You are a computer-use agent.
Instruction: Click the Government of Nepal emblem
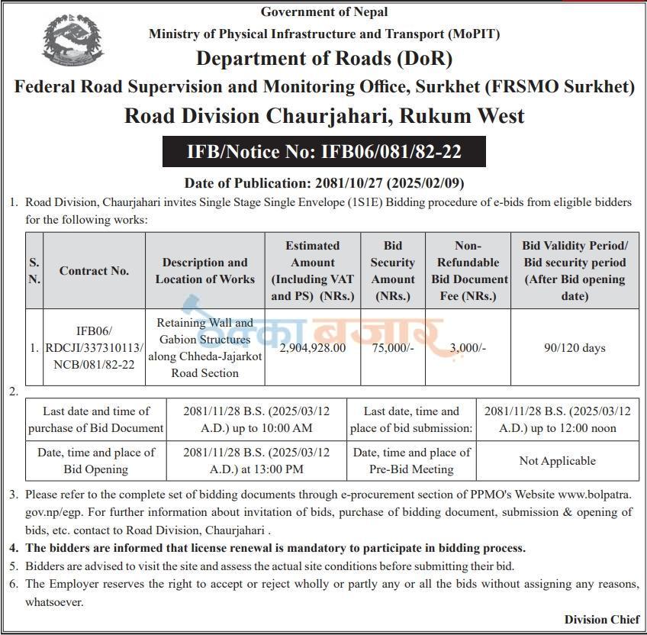click(x=72, y=43)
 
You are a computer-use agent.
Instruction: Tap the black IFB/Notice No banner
click(x=323, y=152)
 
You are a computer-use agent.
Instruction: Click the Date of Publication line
click(x=323, y=183)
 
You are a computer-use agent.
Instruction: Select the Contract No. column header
click(x=94, y=270)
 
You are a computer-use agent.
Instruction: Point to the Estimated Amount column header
click(x=312, y=270)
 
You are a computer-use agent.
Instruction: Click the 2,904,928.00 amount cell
click(x=312, y=347)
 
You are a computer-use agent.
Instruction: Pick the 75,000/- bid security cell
click(x=393, y=347)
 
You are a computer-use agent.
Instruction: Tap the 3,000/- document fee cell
click(x=468, y=347)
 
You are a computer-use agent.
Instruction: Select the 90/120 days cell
click(x=574, y=347)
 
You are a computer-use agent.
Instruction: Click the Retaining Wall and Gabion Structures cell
click(x=204, y=347)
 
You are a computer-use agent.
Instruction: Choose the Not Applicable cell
click(x=557, y=460)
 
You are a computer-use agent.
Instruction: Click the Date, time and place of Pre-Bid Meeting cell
click(x=411, y=460)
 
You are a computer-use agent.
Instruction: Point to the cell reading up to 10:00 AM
click(x=256, y=419)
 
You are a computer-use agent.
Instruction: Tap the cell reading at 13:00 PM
click(x=256, y=460)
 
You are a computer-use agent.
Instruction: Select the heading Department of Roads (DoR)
click(x=323, y=58)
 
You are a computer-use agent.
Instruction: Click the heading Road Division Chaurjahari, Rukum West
click(x=323, y=116)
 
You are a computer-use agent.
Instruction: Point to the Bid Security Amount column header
click(x=393, y=270)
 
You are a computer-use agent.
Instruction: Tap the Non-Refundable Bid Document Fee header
click(x=468, y=270)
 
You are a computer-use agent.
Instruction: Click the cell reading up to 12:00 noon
click(x=557, y=419)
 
